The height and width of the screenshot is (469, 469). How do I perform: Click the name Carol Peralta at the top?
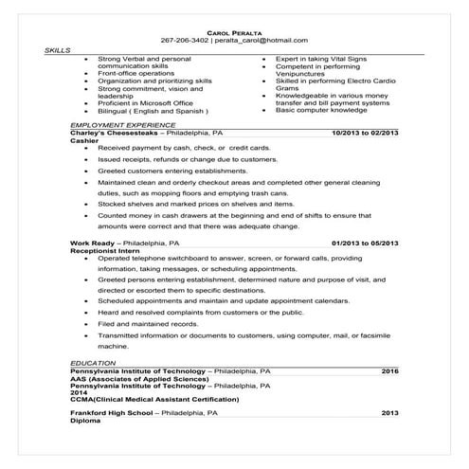234,32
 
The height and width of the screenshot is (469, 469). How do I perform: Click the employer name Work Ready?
92,244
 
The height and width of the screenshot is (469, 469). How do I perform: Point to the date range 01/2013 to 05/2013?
359,244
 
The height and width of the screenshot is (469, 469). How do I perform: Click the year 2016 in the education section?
389,370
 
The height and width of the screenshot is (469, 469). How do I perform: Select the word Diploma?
84,421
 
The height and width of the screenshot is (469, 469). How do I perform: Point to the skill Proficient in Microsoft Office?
145,103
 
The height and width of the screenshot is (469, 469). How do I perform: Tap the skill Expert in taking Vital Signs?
322,59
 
